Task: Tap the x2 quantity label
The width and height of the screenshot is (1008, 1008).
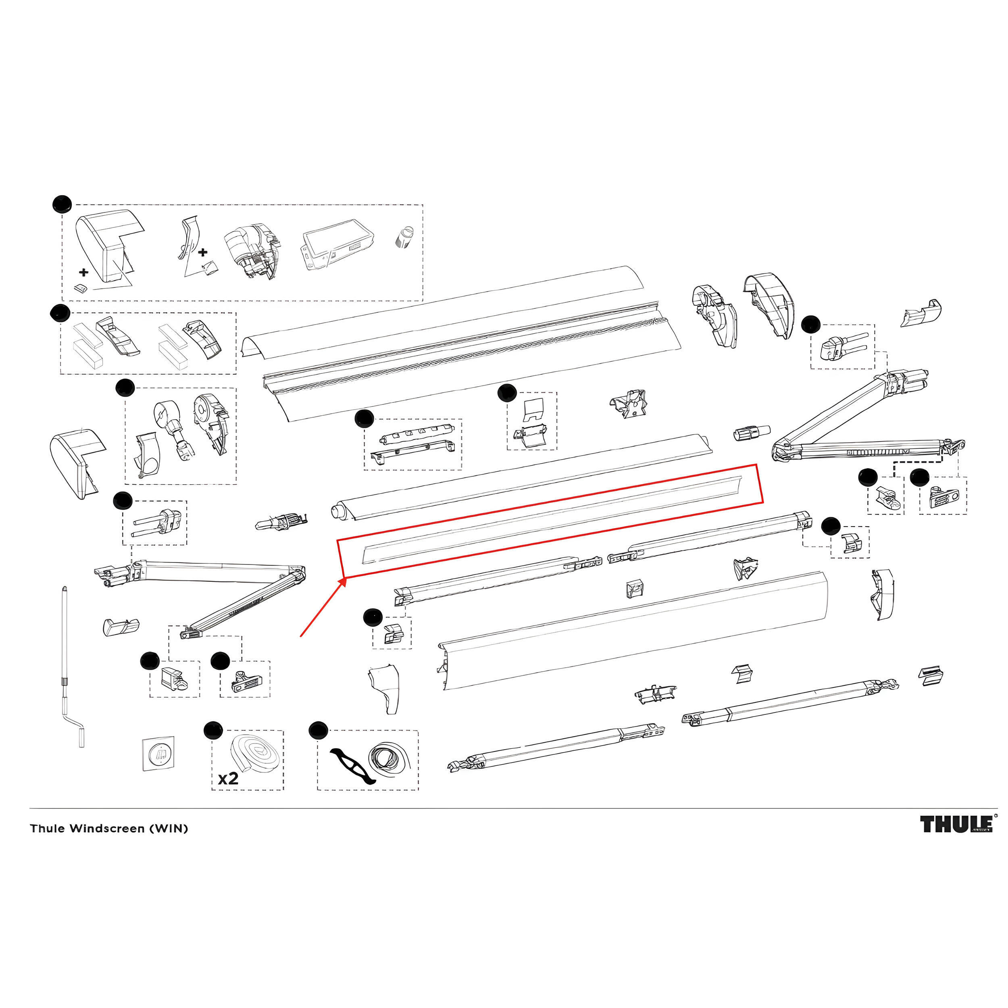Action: click(228, 779)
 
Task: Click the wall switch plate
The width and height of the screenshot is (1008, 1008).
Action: click(158, 753)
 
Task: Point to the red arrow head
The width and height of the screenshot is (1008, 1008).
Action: click(343, 581)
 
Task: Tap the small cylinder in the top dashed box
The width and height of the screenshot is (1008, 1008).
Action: click(403, 237)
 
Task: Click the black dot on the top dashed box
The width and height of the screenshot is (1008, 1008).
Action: click(62, 204)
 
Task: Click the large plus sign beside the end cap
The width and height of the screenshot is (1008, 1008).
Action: click(83, 272)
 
